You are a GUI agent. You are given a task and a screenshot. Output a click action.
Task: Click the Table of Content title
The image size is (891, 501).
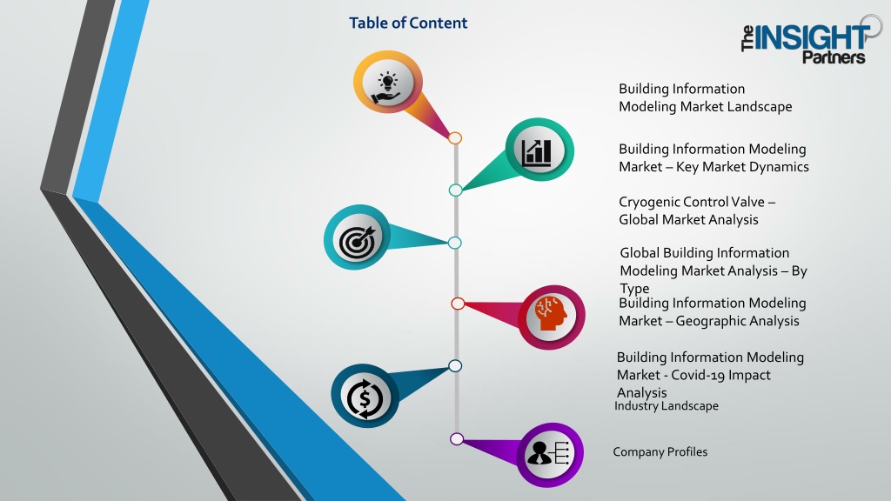pyautogui.click(x=408, y=23)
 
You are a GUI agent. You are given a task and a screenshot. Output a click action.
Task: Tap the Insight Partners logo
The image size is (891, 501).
pyautogui.click(x=812, y=40)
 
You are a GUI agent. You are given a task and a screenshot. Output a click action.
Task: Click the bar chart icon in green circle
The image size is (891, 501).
pyautogui.click(x=536, y=152)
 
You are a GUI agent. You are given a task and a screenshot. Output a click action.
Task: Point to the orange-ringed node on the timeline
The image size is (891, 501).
pyautogui.click(x=454, y=138)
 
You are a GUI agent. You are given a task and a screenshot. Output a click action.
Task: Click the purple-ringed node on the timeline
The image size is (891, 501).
pyautogui.click(x=456, y=438)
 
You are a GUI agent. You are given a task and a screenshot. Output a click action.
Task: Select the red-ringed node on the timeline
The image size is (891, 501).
pyautogui.click(x=458, y=304)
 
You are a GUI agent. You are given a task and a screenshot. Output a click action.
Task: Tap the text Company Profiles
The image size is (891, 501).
pyautogui.click(x=660, y=452)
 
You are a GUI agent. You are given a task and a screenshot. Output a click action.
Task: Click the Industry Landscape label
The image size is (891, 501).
pyautogui.click(x=666, y=405)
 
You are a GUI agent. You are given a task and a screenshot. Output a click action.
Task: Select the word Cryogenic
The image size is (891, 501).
pyautogui.click(x=648, y=203)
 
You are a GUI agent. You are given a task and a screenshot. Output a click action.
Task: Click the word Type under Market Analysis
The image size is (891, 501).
pyautogui.click(x=634, y=289)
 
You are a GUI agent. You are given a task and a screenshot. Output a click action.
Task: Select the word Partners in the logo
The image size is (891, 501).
pyautogui.click(x=834, y=57)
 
